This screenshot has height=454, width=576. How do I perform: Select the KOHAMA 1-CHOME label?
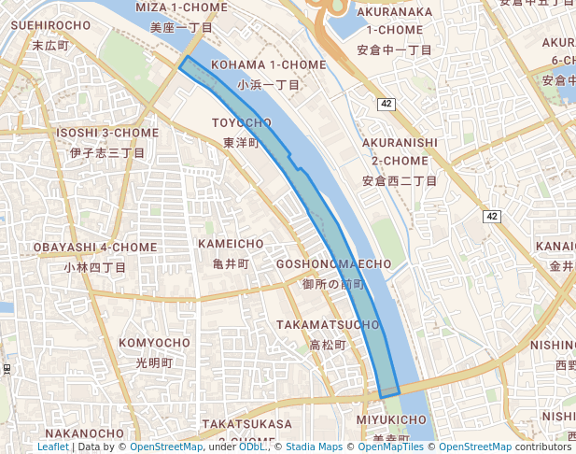tap(269, 64)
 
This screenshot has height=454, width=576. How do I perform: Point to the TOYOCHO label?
tap(241, 123)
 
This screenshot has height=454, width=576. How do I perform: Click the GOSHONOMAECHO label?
tap(333, 264)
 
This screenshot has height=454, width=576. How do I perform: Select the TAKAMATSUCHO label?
tap(328, 324)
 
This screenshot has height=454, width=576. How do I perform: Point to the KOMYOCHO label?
tap(154, 343)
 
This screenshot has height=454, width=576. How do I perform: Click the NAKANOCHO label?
tap(84, 433)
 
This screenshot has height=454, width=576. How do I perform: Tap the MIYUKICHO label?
tap(392, 419)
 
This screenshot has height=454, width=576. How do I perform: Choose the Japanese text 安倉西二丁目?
tap(400, 180)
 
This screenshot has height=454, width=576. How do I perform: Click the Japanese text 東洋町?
tap(241, 143)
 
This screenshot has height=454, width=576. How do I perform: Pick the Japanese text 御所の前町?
tap(333, 284)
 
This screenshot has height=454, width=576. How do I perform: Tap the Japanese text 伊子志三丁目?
tap(106, 152)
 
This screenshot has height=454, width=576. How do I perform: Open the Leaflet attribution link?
tap(53, 447)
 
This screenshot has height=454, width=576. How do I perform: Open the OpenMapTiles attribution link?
tap(394, 447)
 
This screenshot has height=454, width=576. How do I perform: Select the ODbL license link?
tap(252, 447)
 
